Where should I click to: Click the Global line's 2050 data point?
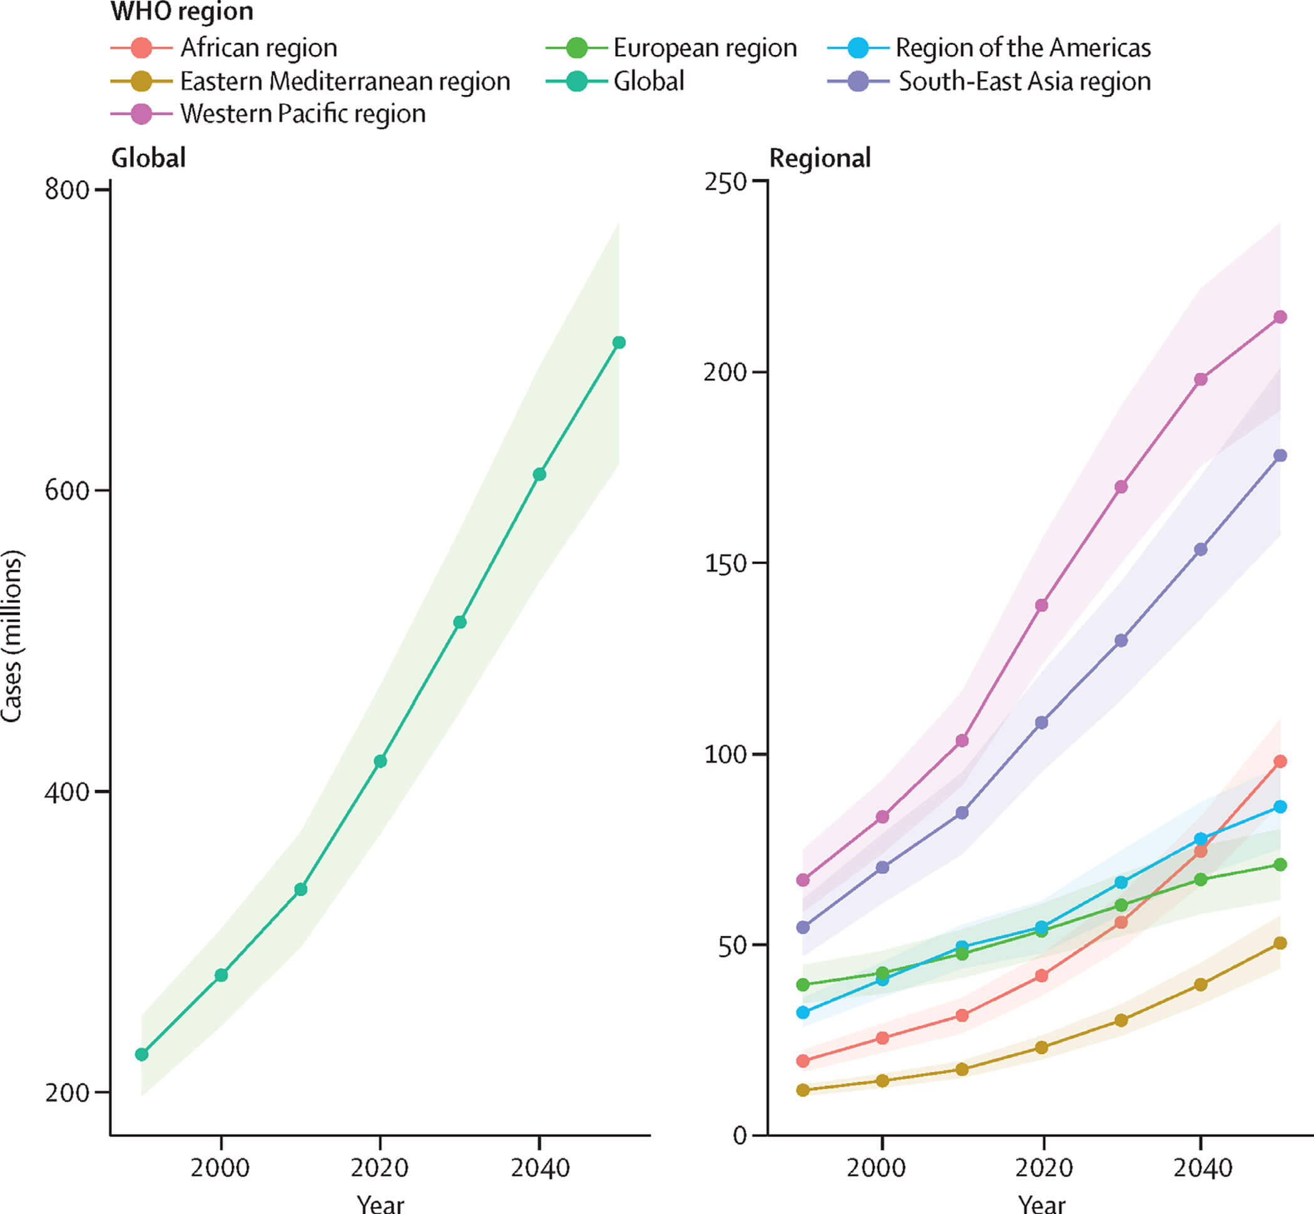tap(619, 342)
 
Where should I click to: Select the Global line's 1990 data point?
tap(141, 1055)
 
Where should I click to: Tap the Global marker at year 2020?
tap(380, 761)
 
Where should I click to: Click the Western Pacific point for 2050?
tap(1280, 316)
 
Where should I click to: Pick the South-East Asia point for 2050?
tap(1280, 455)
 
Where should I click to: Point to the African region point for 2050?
tap(1280, 761)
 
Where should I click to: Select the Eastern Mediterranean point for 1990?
tap(803, 1090)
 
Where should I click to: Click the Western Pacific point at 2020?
tap(1041, 605)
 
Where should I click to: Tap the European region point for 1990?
tap(803, 984)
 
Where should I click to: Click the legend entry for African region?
tap(258, 48)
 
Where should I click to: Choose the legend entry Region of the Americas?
tap(1023, 48)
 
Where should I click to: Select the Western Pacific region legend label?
tap(303, 114)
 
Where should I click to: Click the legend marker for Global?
tap(576, 81)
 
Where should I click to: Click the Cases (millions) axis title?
tap(12, 636)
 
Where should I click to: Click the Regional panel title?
tap(820, 158)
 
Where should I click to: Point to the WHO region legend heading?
tap(182, 12)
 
